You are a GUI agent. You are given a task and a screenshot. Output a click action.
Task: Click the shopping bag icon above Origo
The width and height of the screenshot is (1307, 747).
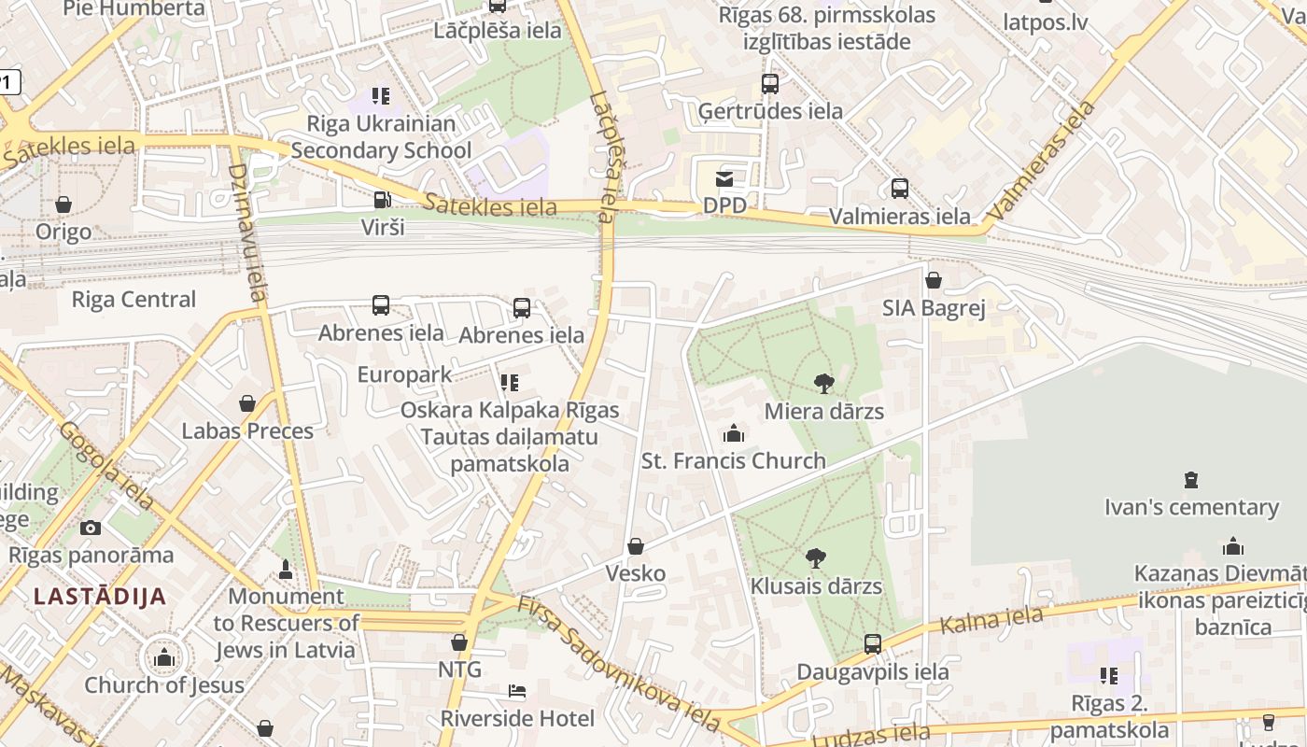click(x=63, y=204)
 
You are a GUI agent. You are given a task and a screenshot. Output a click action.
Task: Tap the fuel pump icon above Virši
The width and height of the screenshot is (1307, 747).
click(x=382, y=199)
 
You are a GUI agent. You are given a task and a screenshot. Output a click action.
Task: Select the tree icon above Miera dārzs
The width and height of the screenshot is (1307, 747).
click(x=823, y=383)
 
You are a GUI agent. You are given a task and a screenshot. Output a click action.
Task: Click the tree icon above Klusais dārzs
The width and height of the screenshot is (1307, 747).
click(x=816, y=558)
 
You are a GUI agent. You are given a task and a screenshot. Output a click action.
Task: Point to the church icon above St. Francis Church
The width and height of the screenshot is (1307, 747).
click(x=734, y=433)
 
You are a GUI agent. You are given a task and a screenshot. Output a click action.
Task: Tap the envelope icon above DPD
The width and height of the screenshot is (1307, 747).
click(x=724, y=178)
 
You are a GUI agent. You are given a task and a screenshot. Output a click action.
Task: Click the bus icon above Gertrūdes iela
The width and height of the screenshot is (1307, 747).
click(x=770, y=84)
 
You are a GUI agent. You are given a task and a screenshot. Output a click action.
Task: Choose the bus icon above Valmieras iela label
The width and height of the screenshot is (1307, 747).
click(x=900, y=189)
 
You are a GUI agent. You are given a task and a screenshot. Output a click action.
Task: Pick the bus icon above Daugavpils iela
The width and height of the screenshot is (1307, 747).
click(x=873, y=643)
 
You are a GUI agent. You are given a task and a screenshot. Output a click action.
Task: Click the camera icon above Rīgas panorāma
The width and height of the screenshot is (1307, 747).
click(x=91, y=528)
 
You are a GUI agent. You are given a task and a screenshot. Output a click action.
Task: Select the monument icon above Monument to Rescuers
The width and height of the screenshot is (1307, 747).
click(x=286, y=569)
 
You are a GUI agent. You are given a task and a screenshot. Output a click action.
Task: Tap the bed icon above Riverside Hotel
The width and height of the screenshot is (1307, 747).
click(x=517, y=691)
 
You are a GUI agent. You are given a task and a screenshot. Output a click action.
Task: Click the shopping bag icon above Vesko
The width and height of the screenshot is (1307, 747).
click(x=636, y=546)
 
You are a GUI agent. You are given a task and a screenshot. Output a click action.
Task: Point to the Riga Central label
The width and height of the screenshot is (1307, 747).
click(x=134, y=300)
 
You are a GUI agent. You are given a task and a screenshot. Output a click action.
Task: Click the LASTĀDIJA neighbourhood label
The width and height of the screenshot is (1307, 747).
click(x=100, y=597)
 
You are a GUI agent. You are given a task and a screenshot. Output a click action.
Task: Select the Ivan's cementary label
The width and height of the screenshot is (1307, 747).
click(x=1191, y=508)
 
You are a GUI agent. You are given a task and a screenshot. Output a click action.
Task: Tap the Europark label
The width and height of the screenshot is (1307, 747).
click(x=404, y=374)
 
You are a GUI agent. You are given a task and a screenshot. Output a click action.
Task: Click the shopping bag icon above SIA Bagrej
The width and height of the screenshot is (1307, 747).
click(x=933, y=280)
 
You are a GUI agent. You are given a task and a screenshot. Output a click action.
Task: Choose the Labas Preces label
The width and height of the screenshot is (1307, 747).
click(x=247, y=431)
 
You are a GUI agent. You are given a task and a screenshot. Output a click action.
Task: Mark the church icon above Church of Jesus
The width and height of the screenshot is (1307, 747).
click(x=164, y=657)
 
